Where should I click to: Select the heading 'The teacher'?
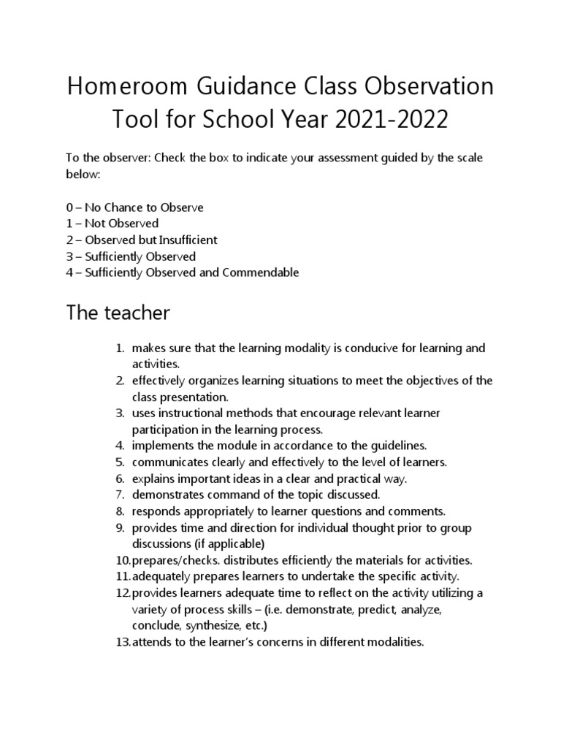pos(118,313)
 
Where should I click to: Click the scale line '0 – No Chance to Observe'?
pos(134,207)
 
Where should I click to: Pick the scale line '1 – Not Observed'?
pos(112,224)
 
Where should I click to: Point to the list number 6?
pos(121,479)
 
